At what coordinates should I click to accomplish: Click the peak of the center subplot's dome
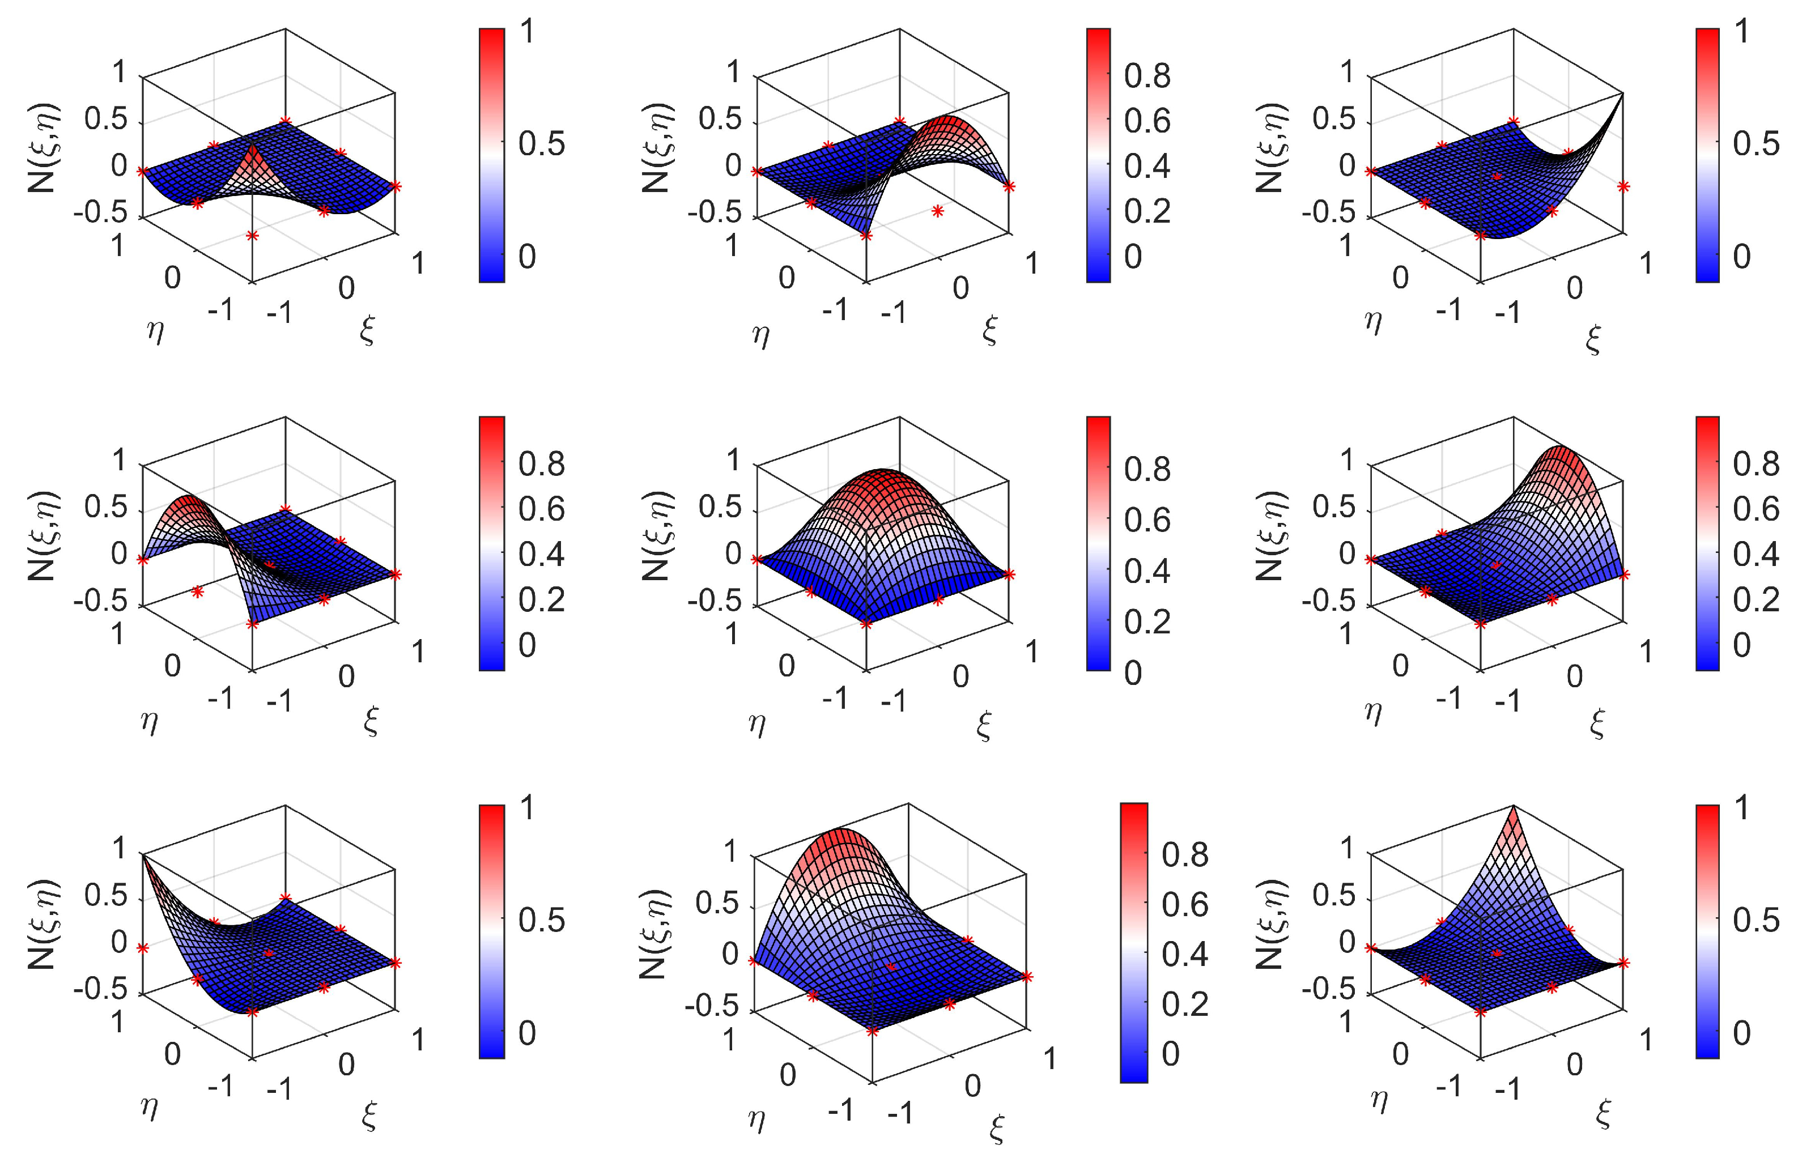(898, 474)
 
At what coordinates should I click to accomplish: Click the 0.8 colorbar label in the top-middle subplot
(1146, 76)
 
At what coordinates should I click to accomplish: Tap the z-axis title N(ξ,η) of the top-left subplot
(43, 147)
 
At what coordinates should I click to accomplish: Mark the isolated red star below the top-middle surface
(937, 212)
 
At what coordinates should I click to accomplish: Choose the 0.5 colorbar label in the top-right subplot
(1756, 143)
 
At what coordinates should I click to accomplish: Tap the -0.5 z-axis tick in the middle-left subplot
(100, 601)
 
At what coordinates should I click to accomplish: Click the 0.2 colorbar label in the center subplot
(1146, 622)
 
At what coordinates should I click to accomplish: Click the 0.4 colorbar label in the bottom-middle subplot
(1184, 954)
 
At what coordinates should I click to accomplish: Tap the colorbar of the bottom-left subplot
(491, 932)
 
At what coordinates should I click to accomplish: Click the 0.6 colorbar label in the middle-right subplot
(1756, 509)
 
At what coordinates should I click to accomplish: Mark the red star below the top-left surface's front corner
(252, 236)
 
